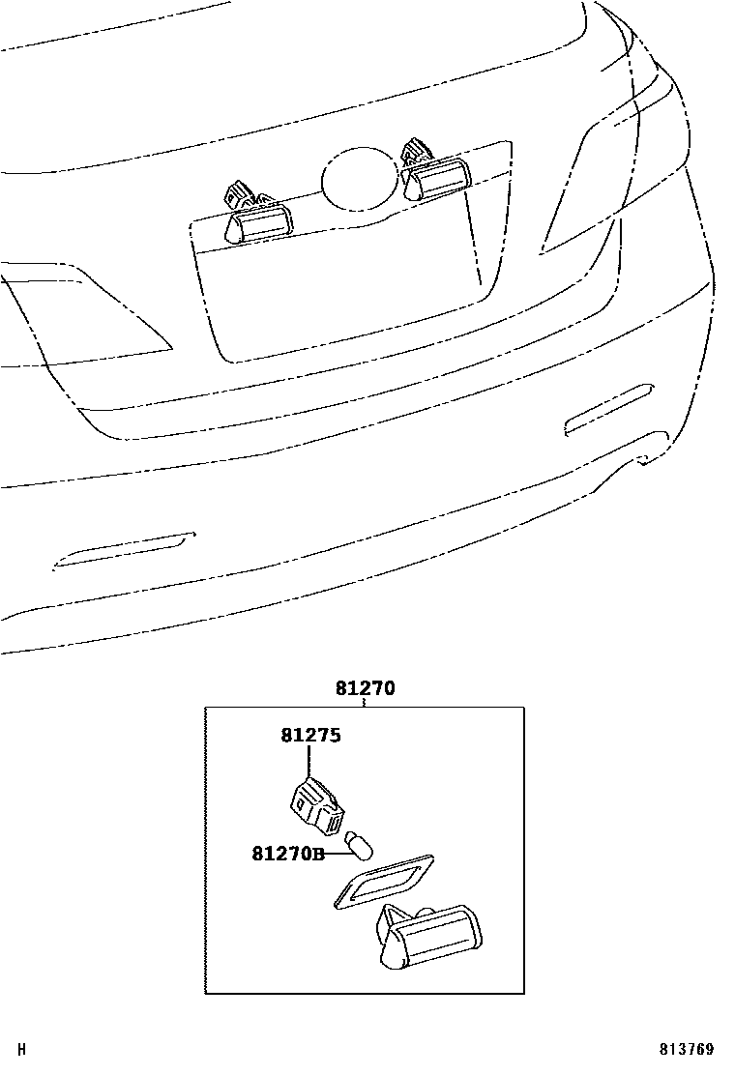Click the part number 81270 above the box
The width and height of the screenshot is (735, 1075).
pyautogui.click(x=366, y=689)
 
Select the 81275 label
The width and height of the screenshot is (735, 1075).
pyautogui.click(x=311, y=736)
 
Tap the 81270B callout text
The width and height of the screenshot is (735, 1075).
pyautogui.click(x=287, y=854)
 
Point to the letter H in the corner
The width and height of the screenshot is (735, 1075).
pyautogui.click(x=22, y=1049)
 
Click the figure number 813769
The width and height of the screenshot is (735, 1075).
pyautogui.click(x=688, y=1050)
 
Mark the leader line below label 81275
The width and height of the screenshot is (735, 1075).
pyautogui.click(x=309, y=763)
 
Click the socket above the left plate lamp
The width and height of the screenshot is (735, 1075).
pyautogui.click(x=240, y=193)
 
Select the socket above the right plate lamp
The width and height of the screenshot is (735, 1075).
pyautogui.click(x=417, y=153)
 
